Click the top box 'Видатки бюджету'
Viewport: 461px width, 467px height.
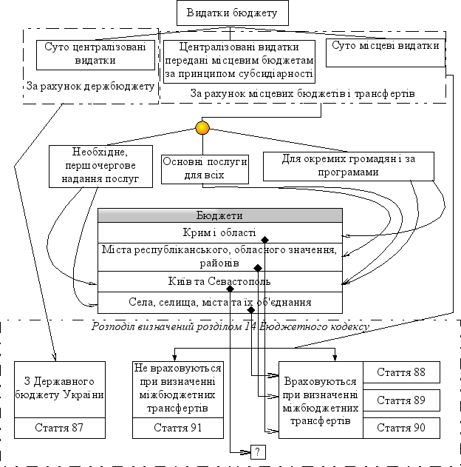coord(233,13)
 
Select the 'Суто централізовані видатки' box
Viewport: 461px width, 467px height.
coord(95,55)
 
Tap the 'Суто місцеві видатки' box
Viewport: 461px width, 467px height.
coord(386,53)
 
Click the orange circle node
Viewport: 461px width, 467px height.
coord(202,128)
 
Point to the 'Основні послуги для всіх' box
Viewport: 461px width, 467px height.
coord(205,169)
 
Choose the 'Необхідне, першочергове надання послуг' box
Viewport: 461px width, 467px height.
coord(100,167)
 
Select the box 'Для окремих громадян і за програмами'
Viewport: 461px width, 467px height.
coord(349,167)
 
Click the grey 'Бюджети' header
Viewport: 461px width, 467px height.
coord(220,215)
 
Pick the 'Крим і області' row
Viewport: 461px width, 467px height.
coord(220,232)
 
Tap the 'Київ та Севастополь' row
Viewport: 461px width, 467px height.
coord(220,281)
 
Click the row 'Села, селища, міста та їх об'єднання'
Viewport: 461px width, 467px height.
coord(220,303)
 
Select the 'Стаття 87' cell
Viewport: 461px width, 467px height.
coord(60,428)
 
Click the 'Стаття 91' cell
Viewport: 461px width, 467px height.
coord(178,428)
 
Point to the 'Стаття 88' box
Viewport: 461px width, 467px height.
coord(401,372)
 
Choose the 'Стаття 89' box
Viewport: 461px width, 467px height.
coord(401,400)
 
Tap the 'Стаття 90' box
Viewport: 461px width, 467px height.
coord(401,428)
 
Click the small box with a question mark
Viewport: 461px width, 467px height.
coord(258,452)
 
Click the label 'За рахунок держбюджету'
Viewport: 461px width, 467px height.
coord(90,86)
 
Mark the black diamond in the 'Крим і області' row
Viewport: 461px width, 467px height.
coord(264,240)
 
